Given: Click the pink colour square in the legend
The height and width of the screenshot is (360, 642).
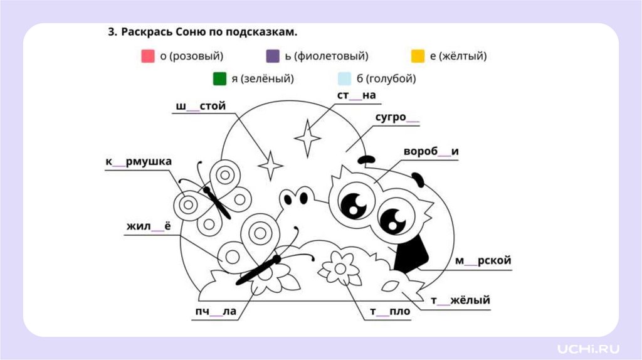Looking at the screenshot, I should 148,56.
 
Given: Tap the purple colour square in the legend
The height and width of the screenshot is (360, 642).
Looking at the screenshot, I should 273,56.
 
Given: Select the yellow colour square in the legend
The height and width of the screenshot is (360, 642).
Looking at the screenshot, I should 418,56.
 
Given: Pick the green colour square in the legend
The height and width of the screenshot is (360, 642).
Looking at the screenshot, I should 219,79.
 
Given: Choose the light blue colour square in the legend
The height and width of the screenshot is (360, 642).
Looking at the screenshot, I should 344,79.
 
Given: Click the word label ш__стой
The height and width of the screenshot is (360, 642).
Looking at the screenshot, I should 201,106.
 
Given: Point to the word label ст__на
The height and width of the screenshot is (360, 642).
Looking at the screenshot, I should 356,95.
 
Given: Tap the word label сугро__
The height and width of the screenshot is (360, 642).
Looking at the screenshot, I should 397,117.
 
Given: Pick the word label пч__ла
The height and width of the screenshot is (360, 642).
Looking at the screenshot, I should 215,312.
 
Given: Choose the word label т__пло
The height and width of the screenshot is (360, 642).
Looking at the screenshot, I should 389,312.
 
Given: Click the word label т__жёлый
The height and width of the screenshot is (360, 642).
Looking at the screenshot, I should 460,301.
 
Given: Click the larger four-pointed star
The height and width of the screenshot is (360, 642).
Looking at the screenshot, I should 308,137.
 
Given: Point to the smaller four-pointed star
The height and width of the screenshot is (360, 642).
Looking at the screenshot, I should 271,166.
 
